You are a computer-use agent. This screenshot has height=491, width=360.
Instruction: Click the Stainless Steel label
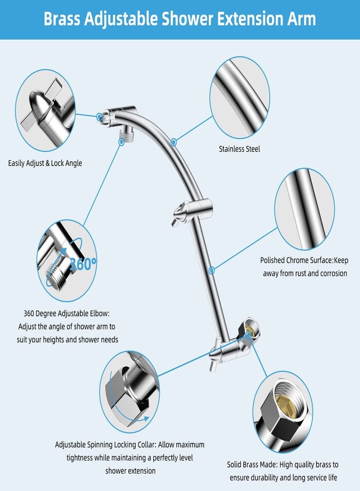tap(239, 148)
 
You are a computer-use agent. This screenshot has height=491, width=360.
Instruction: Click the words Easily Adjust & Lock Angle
tap(45, 163)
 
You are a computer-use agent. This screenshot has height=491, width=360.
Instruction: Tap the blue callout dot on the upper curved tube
tap(173, 141)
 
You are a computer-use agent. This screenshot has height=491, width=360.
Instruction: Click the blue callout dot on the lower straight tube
tap(212, 269)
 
